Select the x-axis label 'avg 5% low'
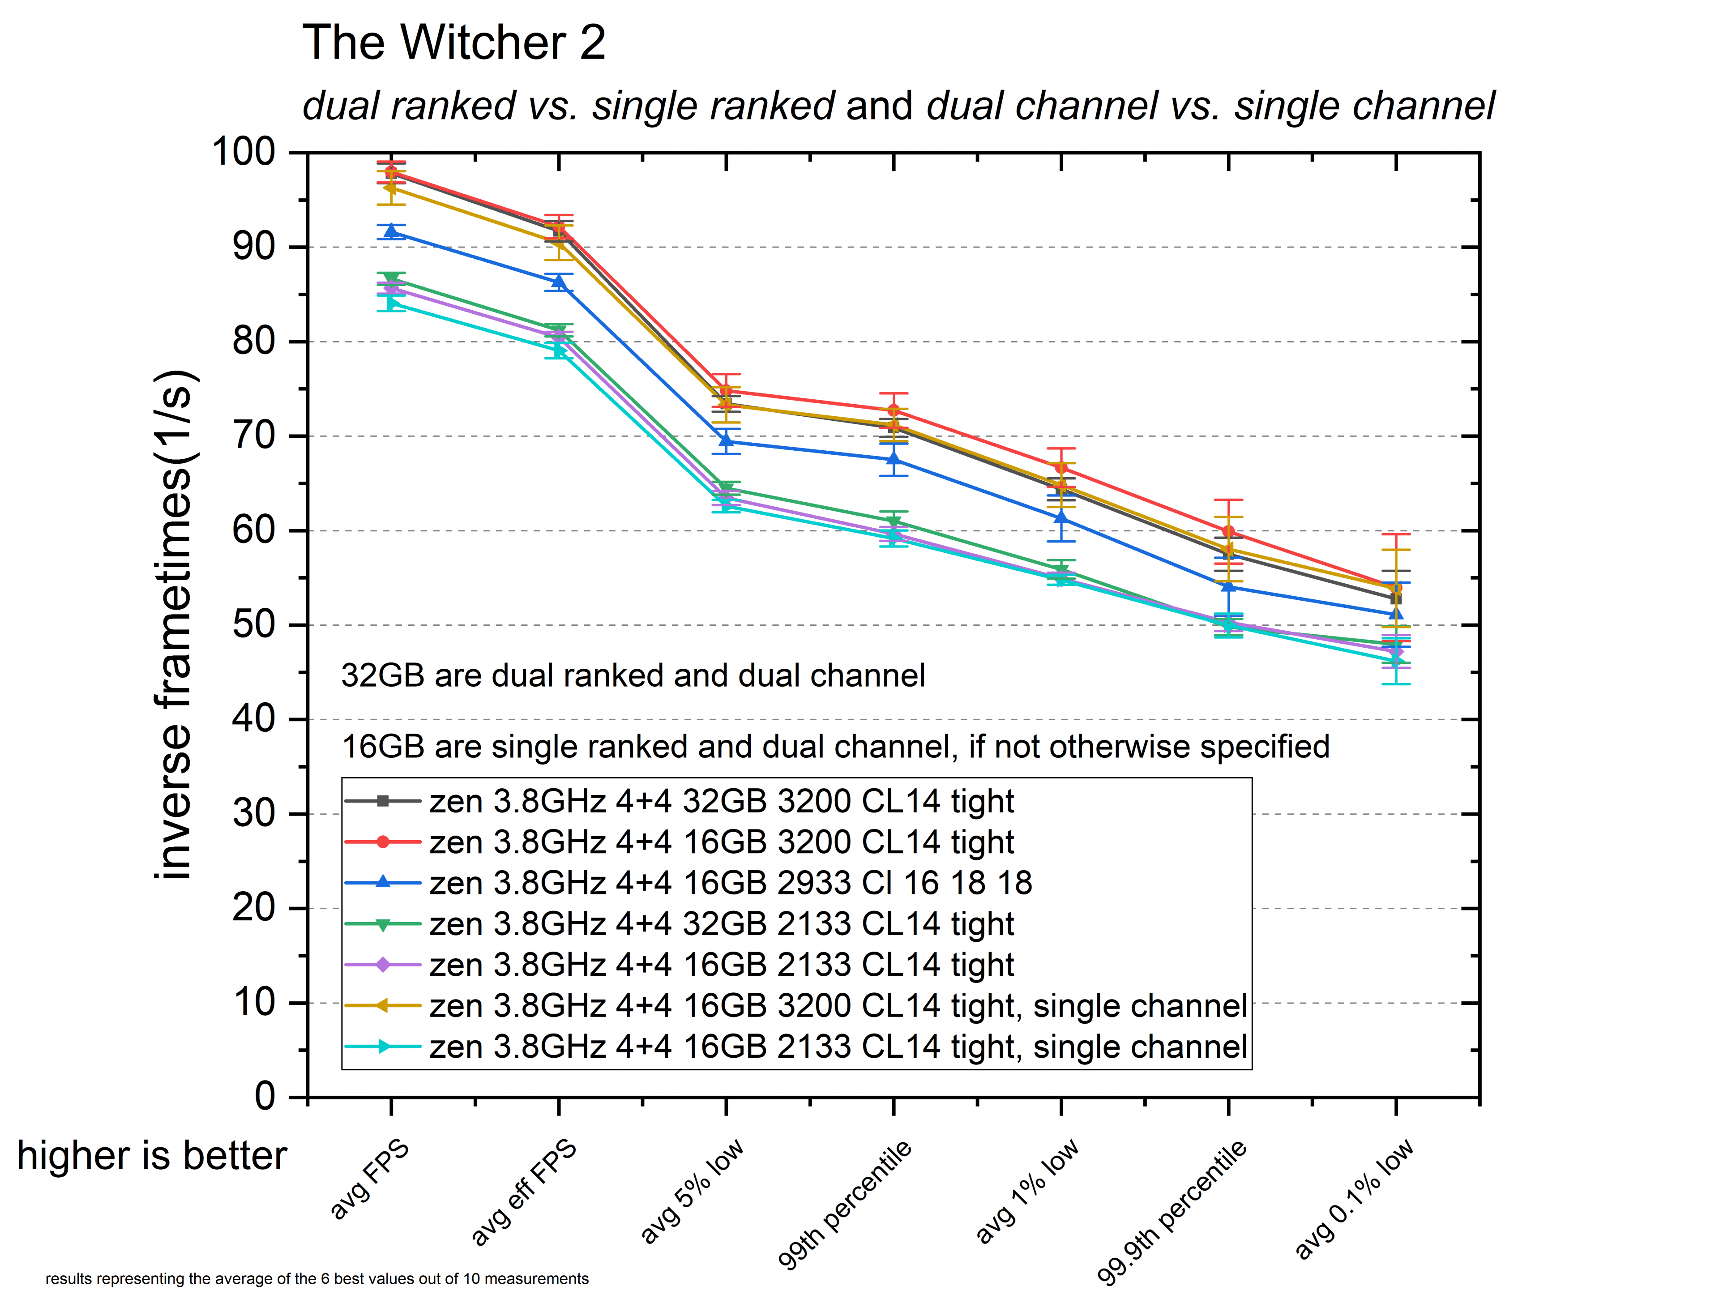click(691, 1191)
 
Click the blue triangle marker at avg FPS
click(391, 232)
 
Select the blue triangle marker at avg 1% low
click(1061, 518)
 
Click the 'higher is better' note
click(152, 1155)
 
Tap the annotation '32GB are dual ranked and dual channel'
click(633, 675)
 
